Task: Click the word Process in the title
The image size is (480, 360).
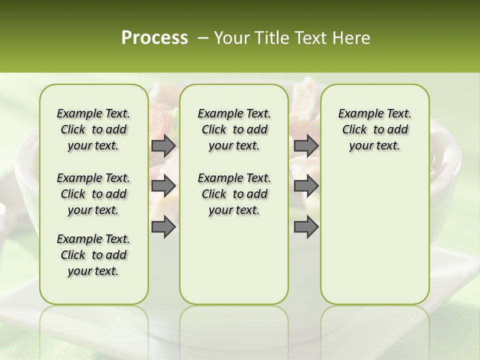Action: pyautogui.click(x=154, y=37)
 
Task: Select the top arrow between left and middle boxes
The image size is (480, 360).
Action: pyautogui.click(x=163, y=145)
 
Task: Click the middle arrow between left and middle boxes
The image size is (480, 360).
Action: pyautogui.click(x=163, y=186)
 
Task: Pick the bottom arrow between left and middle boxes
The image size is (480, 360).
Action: pyautogui.click(x=163, y=226)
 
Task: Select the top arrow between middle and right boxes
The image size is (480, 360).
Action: pyautogui.click(x=306, y=145)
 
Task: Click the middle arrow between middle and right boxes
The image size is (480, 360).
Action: pyautogui.click(x=306, y=186)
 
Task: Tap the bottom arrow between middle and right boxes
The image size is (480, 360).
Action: pyautogui.click(x=306, y=226)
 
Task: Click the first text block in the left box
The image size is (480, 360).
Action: pyautogui.click(x=93, y=129)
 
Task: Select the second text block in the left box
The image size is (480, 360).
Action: pyautogui.click(x=93, y=194)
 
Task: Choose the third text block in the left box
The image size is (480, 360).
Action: pyautogui.click(x=93, y=255)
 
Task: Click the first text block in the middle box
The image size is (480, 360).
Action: pyautogui.click(x=234, y=129)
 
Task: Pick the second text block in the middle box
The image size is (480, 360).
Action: pyautogui.click(x=234, y=194)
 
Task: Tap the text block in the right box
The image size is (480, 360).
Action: pyautogui.click(x=374, y=129)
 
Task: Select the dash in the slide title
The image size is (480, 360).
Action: pyautogui.click(x=203, y=37)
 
